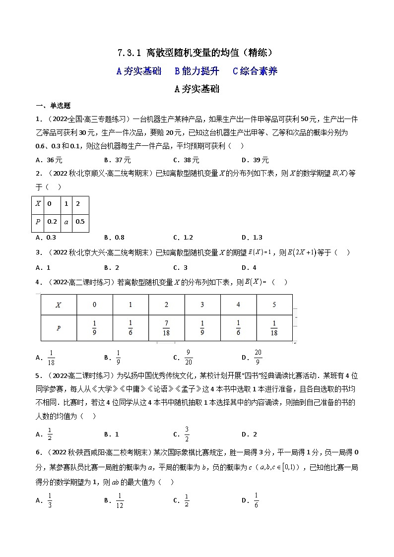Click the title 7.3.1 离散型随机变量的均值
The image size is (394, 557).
click(x=197, y=53)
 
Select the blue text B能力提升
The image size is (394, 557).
click(x=197, y=71)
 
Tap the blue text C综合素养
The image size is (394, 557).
click(x=255, y=71)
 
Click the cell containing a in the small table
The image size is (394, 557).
click(x=66, y=222)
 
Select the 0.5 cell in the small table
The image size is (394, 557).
click(x=80, y=222)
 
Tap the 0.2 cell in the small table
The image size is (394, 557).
click(x=52, y=222)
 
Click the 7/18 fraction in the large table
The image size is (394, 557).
click(x=166, y=328)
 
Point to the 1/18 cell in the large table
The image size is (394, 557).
click(x=274, y=328)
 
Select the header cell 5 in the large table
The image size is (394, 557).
click(x=274, y=305)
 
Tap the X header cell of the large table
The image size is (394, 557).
click(x=59, y=305)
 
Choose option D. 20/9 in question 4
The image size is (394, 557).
click(x=253, y=357)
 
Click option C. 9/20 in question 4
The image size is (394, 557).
click(x=184, y=357)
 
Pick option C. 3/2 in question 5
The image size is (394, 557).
click(x=183, y=434)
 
